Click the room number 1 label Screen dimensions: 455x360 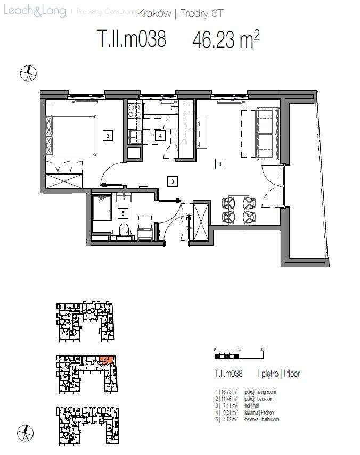219,164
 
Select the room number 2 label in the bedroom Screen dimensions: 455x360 108,135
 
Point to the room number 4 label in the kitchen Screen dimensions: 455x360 159,136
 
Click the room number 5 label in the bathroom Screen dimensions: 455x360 123,213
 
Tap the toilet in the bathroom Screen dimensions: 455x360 124,229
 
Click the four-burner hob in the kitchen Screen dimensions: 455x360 134,110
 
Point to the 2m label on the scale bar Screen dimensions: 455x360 263,349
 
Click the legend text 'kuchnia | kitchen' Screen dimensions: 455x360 259,413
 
